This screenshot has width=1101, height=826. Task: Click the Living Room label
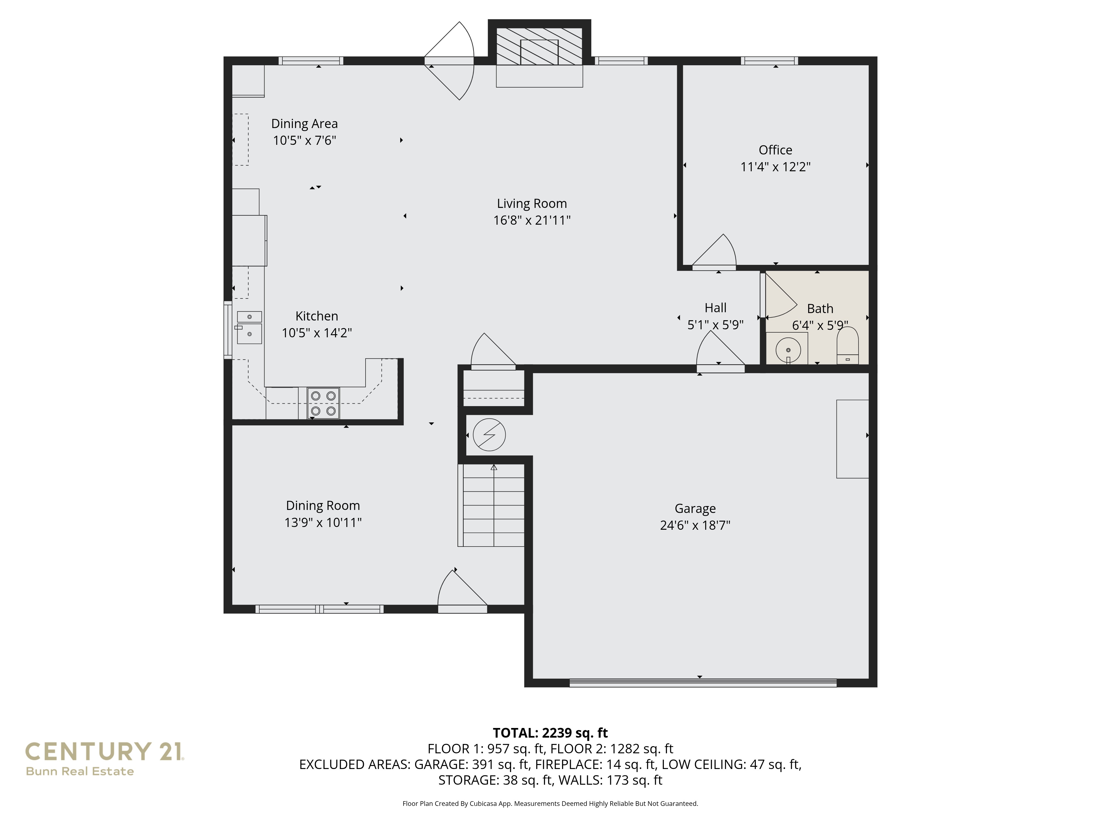pyautogui.click(x=532, y=204)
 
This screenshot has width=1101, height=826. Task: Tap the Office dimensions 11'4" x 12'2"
pyautogui.click(x=775, y=167)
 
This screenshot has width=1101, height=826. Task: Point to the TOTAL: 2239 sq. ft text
pyautogui.click(x=550, y=733)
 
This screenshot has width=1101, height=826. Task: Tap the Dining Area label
pyautogui.click(x=304, y=123)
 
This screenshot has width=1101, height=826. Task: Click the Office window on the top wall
pyautogui.click(x=769, y=61)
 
